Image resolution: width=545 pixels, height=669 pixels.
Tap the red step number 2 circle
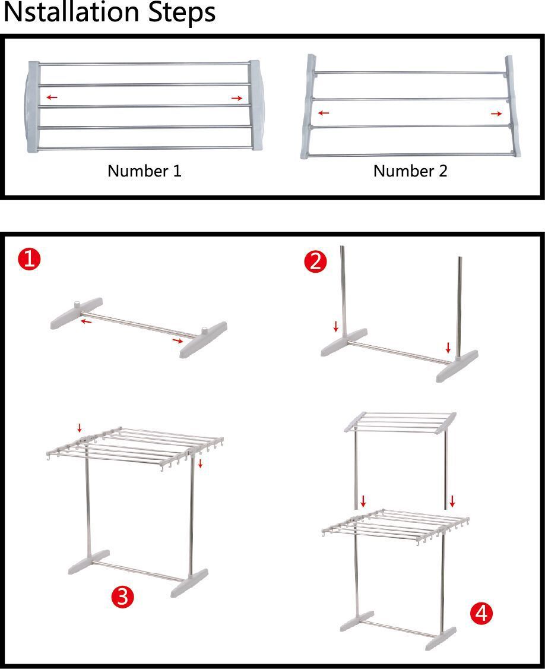point(316,261)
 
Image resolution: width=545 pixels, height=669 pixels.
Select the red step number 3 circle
point(122,596)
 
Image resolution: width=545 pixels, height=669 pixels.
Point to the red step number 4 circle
point(481,613)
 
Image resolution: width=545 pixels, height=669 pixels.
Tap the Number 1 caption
point(145,171)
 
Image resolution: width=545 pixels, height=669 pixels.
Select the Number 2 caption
point(410,171)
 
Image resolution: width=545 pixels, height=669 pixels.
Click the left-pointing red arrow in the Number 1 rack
point(52,97)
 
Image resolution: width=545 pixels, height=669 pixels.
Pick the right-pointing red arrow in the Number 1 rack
point(237,99)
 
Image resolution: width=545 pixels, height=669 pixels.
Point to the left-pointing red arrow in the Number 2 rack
point(324,113)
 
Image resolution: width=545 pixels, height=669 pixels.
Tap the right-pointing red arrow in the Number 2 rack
point(496,114)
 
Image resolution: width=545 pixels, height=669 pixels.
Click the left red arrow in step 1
point(87,320)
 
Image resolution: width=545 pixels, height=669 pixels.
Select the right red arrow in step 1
point(178,340)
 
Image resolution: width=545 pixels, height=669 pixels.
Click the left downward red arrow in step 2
point(336,327)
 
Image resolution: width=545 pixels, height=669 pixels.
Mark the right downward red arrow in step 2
point(448,348)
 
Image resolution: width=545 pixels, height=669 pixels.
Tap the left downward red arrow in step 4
point(363,501)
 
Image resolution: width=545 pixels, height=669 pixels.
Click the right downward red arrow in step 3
point(200,463)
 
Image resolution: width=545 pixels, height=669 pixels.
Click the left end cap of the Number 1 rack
point(33,107)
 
